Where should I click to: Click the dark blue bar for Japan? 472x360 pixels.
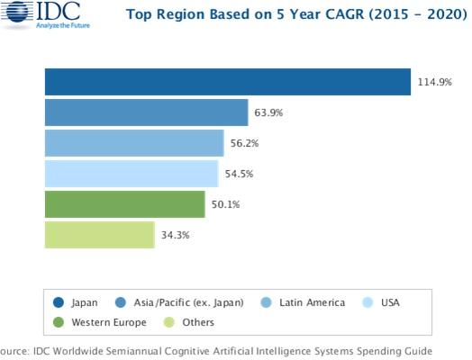pyautogui.click(x=228, y=82)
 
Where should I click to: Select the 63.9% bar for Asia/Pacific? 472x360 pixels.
pyautogui.click(x=147, y=112)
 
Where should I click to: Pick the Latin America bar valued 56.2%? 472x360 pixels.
pyautogui.click(x=134, y=143)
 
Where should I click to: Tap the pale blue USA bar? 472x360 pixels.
pyautogui.click(x=132, y=174)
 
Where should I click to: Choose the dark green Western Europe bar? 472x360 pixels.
pyautogui.click(x=125, y=204)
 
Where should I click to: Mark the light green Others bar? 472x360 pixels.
pyautogui.click(x=100, y=235)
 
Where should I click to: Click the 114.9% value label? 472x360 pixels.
pyautogui.click(x=435, y=82)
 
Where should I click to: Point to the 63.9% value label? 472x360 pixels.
pyautogui.click(x=268, y=112)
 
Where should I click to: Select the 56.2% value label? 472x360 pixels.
pyautogui.click(x=244, y=143)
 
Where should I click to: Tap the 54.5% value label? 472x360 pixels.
pyautogui.click(x=239, y=174)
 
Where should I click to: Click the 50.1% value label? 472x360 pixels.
pyautogui.click(x=225, y=204)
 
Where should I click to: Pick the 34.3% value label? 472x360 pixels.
pyautogui.click(x=175, y=235)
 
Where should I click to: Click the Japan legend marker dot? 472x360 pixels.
pyautogui.click(x=59, y=302)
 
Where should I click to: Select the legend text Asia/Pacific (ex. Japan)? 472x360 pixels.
pyautogui.click(x=189, y=302)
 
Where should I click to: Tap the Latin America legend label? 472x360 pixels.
pyautogui.click(x=313, y=302)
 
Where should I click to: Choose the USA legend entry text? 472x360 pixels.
pyautogui.click(x=390, y=302)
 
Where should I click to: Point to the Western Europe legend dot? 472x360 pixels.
pyautogui.click(x=59, y=322)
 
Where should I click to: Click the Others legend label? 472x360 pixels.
pyautogui.click(x=198, y=322)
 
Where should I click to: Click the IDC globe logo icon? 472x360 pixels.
pyautogui.click(x=18, y=12)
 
